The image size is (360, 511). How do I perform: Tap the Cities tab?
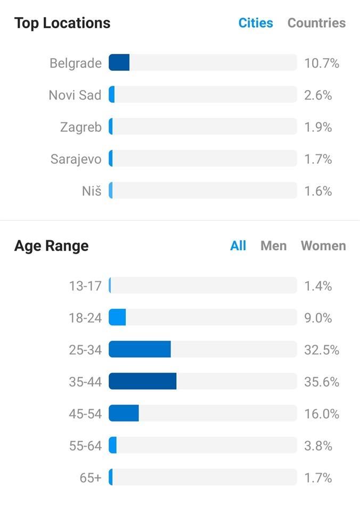coord(256,23)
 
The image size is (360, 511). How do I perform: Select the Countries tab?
coord(317,23)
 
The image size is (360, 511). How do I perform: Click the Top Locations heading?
coord(62,23)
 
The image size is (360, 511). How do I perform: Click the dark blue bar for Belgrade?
coord(119,63)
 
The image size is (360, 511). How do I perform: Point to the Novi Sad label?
coord(75,95)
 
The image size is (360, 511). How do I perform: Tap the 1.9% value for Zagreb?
coord(318,127)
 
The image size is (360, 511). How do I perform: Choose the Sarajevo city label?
coord(76,159)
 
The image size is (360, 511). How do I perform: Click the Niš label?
coord(92,191)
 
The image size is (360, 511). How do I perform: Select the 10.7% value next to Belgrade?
coord(322,63)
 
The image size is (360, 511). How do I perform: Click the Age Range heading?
coord(52,246)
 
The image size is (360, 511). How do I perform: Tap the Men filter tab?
coord(274,246)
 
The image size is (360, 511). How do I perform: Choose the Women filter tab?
coord(323,246)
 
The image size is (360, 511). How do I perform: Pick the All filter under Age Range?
coord(238,246)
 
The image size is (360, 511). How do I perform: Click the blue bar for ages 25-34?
coord(140,349)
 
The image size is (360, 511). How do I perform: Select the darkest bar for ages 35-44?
coord(143,381)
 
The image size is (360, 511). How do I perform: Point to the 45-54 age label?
coord(85,414)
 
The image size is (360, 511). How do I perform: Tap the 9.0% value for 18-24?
coord(318,318)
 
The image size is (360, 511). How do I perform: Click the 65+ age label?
coord(91,478)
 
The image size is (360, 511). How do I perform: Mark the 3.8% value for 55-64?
coord(318,446)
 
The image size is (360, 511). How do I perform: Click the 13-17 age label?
coord(85,286)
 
